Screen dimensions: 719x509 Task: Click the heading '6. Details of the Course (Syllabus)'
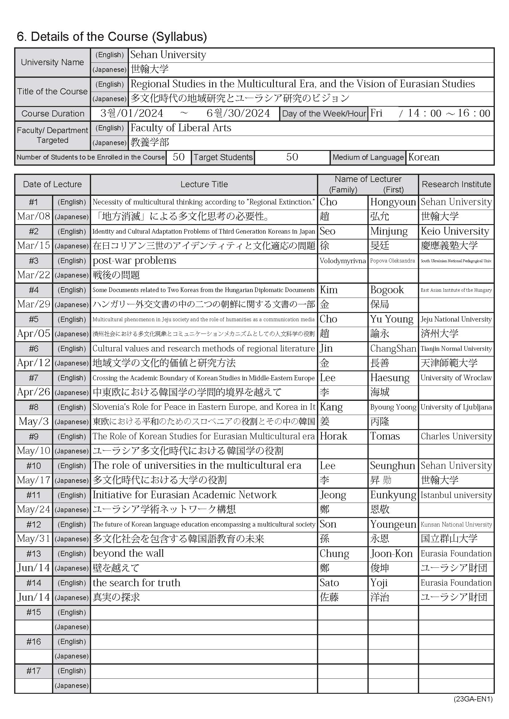(112, 37)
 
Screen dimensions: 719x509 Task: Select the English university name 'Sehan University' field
(168, 55)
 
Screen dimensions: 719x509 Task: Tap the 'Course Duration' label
(53, 113)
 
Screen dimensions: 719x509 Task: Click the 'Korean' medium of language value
(424, 157)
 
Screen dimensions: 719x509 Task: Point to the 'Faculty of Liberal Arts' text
(181, 128)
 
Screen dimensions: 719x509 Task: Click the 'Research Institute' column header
(456, 184)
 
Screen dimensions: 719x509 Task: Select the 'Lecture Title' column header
(204, 184)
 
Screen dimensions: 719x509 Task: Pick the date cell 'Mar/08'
(34, 216)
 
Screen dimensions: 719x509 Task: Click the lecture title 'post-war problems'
(134, 261)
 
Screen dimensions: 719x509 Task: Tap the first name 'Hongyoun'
(393, 202)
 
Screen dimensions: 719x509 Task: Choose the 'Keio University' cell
(455, 231)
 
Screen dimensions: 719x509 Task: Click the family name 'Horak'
(334, 436)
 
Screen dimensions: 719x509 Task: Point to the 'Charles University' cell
(456, 436)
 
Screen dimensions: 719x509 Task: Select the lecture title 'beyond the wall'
(128, 553)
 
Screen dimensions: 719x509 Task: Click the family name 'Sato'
(329, 583)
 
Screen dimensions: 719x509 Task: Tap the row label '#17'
(34, 671)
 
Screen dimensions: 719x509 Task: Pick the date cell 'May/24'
(34, 509)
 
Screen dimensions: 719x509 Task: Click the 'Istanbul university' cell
(456, 495)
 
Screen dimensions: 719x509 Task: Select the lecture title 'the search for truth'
(137, 583)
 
